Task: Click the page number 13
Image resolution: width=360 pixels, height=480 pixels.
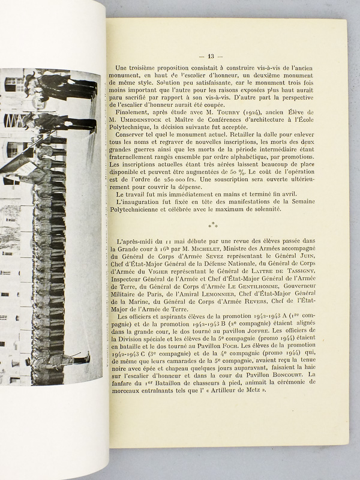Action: point(227,57)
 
